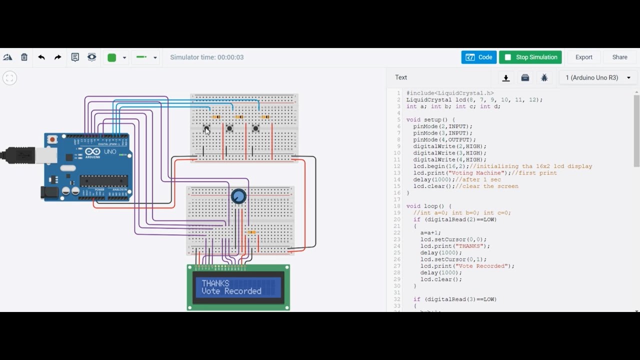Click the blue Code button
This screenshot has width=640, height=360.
coord(478,57)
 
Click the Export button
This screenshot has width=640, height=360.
coord(583,57)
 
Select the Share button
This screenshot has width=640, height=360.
coord(619,57)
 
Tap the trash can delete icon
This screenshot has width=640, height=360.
coord(24,57)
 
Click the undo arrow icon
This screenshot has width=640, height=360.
coord(41,57)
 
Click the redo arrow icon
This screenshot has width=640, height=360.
coord(58,57)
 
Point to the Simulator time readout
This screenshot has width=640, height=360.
coord(206,57)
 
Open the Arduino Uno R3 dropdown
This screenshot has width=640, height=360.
coord(598,77)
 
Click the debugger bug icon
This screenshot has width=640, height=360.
coord(544,77)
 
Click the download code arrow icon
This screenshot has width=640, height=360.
coord(506,77)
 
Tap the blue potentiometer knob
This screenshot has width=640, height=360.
coord(238,196)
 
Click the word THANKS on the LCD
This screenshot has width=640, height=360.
coord(215,283)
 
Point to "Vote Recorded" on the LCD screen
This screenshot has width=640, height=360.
coord(231,291)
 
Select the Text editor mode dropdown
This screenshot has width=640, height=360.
coord(401,77)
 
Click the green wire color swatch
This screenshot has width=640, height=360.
coord(112,57)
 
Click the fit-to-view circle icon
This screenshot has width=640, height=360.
coord(9,78)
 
